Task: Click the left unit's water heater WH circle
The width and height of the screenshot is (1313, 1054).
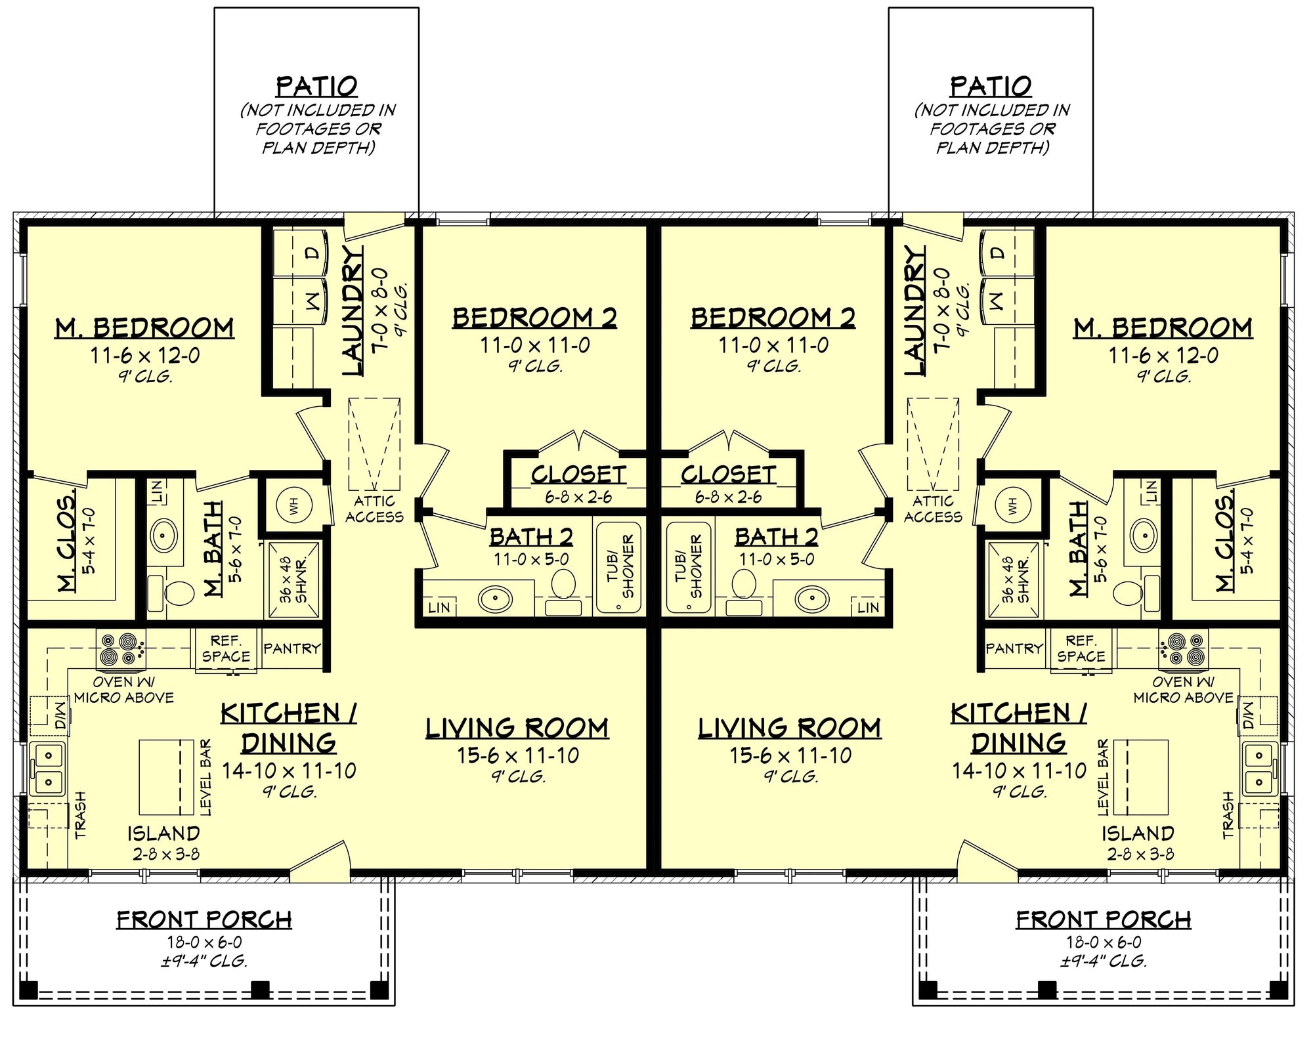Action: [x=294, y=505]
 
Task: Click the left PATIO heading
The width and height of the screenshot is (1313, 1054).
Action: [x=316, y=86]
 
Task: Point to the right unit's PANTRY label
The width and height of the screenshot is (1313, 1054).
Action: [x=1014, y=648]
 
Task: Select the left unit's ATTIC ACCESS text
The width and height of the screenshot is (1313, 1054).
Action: [x=374, y=509]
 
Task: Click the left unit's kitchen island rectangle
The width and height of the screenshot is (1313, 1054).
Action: [x=167, y=778]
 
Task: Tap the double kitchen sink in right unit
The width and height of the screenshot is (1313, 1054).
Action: [x=1259, y=769]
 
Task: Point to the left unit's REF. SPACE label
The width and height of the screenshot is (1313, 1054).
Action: [x=226, y=648]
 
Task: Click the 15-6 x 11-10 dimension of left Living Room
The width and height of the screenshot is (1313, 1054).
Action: [x=518, y=755]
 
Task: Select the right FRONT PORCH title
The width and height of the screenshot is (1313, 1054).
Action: [x=1103, y=920]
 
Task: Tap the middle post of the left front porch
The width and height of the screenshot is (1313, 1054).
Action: [x=261, y=989]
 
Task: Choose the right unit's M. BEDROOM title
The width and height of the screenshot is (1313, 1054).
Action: [x=1163, y=327]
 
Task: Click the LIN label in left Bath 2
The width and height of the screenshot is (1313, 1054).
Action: [x=439, y=608]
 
